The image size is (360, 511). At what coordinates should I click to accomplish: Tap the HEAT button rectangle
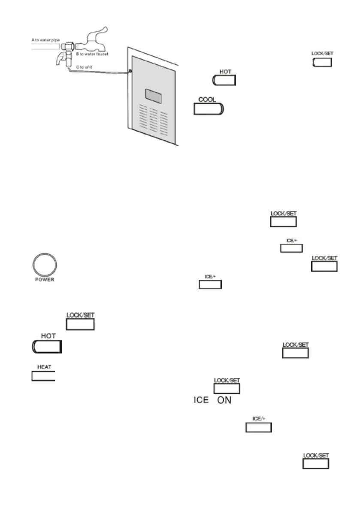coord(43,376)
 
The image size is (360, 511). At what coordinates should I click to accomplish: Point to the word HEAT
coord(43,367)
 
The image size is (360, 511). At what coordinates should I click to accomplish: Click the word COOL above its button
coord(207,99)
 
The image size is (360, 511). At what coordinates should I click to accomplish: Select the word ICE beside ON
coord(201,400)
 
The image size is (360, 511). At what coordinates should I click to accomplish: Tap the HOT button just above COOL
coord(224,80)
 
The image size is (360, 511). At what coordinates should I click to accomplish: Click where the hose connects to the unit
coord(130,71)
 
